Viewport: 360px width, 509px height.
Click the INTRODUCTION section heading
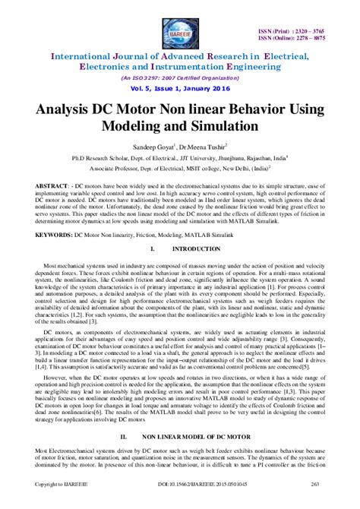(x=198, y=249)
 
